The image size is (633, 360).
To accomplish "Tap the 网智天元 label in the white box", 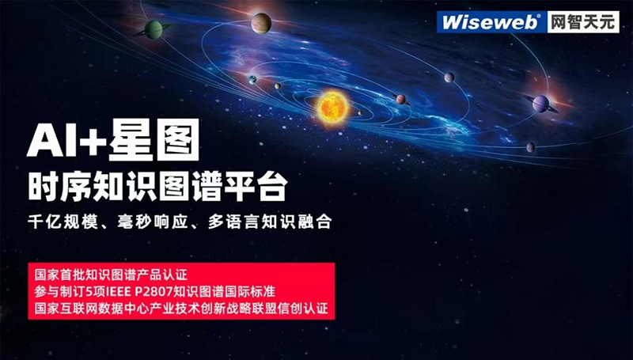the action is (x=583, y=22).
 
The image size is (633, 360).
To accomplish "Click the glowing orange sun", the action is (x=332, y=108).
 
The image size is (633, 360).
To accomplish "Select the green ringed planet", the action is (x=154, y=29).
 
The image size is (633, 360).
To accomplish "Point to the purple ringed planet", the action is (x=541, y=104).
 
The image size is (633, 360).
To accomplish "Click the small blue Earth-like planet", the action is (x=252, y=79).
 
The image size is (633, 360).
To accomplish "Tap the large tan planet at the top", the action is (x=261, y=23).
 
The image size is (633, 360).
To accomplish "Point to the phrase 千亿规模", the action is (x=63, y=222).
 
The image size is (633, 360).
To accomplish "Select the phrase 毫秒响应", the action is (x=153, y=222).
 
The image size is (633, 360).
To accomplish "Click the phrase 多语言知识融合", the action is (x=270, y=222).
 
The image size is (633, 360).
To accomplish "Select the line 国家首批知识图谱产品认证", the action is (x=111, y=275).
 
